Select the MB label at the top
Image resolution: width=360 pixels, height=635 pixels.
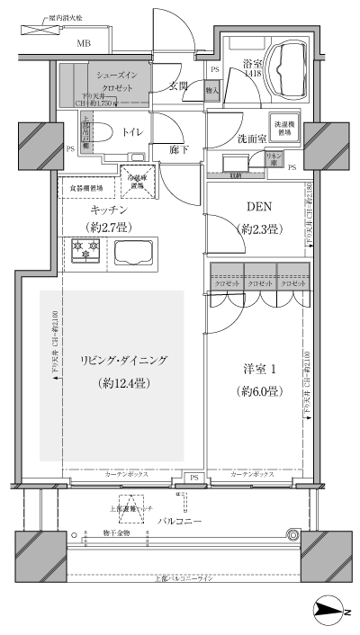83,43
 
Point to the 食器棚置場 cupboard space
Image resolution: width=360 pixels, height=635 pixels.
87,188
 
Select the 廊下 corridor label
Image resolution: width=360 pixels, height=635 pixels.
180,149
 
